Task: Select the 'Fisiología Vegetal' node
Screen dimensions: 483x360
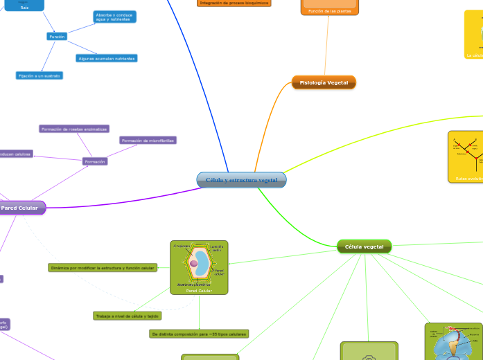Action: point(324,83)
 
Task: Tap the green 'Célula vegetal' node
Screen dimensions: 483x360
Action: point(364,246)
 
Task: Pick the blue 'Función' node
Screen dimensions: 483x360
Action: point(57,36)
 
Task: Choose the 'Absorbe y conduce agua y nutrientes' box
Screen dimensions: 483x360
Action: point(115,17)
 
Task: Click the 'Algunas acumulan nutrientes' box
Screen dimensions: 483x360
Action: point(106,58)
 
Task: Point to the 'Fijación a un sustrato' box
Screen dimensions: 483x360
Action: point(39,75)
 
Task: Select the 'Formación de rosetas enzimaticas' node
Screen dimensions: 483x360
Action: point(74,129)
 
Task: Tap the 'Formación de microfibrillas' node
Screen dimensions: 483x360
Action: point(148,141)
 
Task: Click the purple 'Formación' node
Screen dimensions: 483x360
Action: point(94,161)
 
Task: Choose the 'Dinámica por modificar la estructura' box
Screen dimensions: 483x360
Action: point(103,267)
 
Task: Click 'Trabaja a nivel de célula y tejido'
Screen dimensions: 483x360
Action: point(128,316)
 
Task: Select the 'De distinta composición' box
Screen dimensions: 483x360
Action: point(199,334)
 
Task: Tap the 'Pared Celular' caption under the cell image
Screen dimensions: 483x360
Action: point(199,291)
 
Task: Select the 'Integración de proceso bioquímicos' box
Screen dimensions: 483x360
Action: point(234,3)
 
